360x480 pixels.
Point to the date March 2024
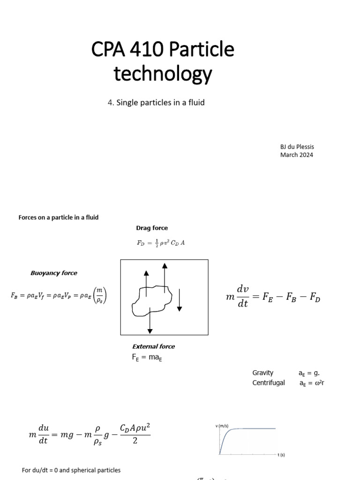click(296, 155)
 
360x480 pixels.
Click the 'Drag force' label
click(152, 228)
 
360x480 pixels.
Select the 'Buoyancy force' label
click(54, 273)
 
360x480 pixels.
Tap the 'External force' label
click(153, 346)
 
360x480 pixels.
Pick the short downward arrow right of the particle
click(179, 300)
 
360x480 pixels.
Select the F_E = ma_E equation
click(147, 358)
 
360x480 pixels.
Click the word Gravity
click(262, 373)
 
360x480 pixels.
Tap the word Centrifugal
click(269, 382)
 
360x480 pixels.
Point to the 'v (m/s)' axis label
click(221, 426)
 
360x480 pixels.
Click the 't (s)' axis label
click(281, 455)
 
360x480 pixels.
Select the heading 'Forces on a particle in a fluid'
click(59, 217)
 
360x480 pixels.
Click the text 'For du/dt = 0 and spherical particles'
click(71, 470)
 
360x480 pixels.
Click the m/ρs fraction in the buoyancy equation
click(99, 296)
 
